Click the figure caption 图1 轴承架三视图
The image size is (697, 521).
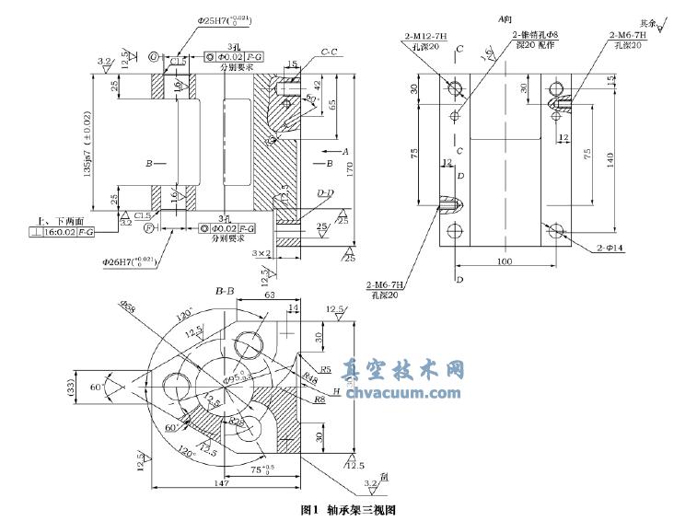tap(347, 509)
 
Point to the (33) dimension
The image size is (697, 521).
tap(71, 390)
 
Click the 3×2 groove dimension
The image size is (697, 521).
tap(262, 252)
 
